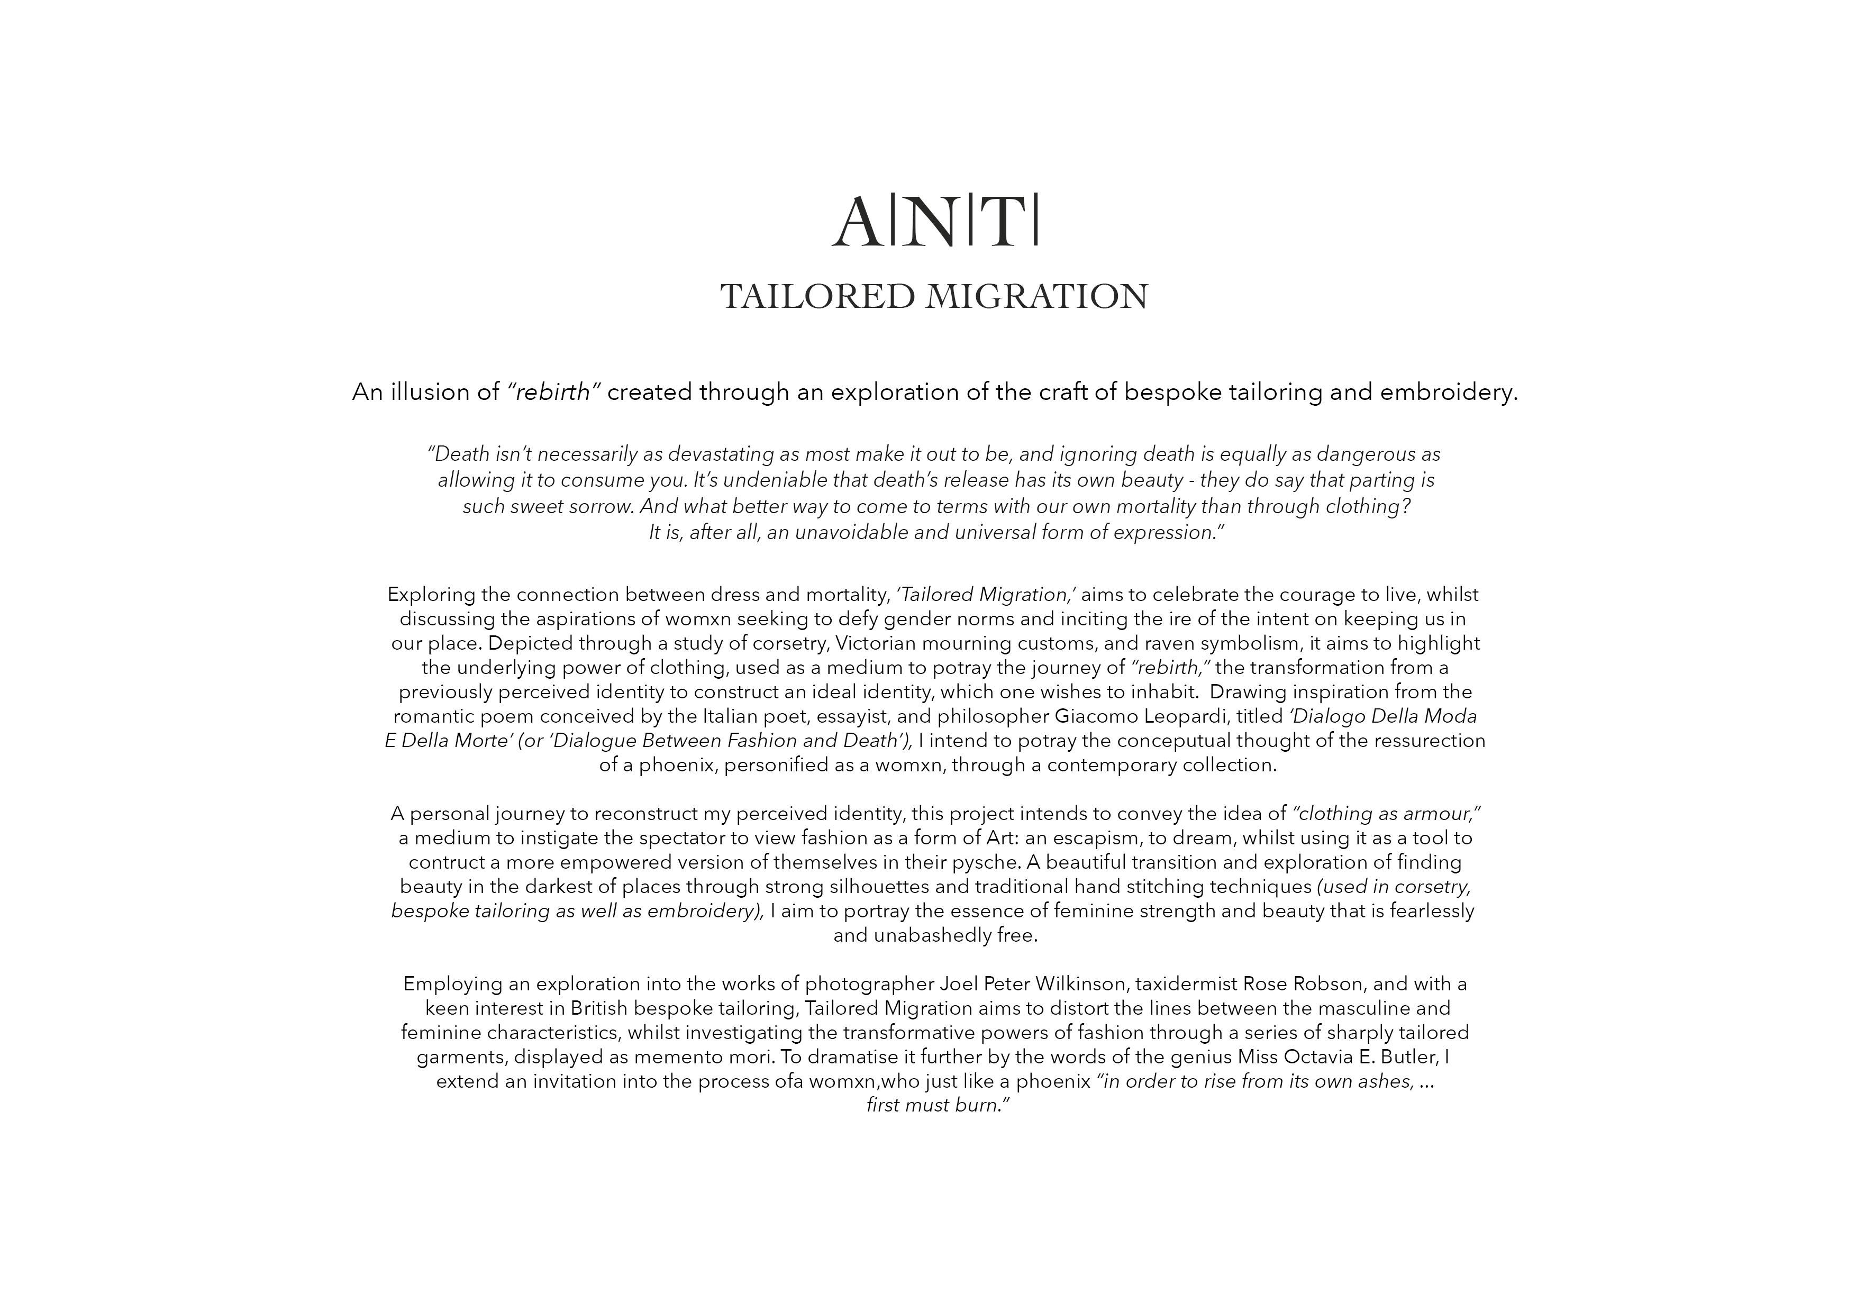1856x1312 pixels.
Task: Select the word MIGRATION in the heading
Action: pos(1037,297)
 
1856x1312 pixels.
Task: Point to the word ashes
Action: pos(1386,1082)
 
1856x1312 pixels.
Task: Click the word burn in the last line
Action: pos(978,1105)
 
